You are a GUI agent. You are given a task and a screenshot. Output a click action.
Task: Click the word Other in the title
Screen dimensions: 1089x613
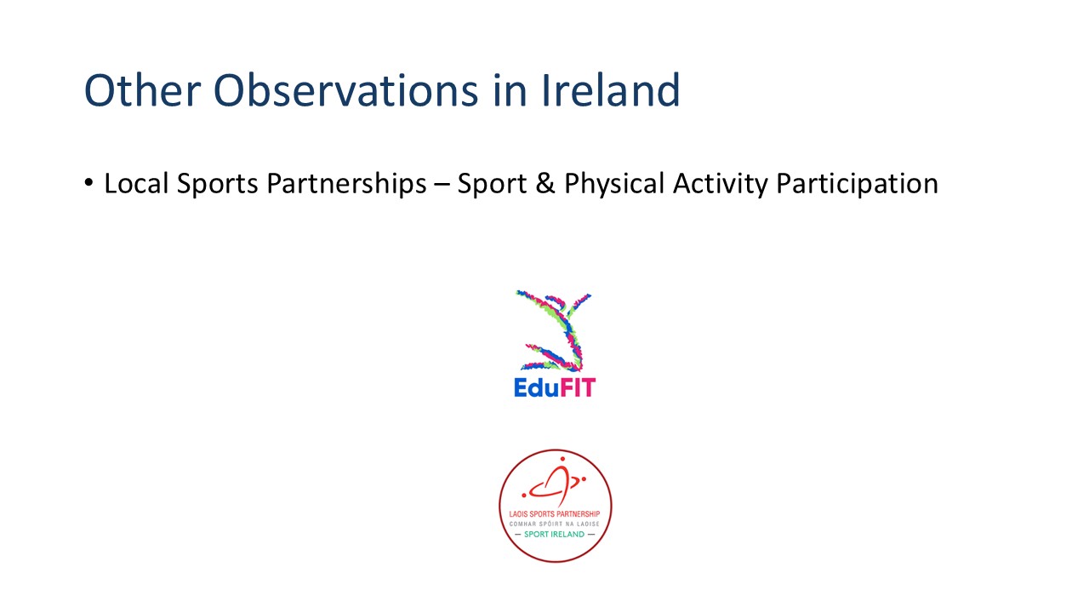point(142,90)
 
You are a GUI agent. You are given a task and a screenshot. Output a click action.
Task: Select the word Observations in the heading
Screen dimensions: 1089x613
point(346,90)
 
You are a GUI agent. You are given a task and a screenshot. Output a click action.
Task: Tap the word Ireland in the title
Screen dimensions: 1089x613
point(611,90)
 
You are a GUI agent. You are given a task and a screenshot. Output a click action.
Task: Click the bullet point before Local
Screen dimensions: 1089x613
point(88,183)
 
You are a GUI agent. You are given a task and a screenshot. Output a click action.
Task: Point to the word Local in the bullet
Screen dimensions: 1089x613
point(136,183)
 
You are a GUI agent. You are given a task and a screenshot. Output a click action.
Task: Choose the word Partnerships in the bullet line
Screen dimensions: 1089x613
point(346,185)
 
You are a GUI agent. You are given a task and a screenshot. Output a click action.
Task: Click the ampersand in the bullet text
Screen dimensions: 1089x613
point(545,184)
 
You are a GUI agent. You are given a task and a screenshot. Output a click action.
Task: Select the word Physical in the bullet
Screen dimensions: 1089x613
point(614,185)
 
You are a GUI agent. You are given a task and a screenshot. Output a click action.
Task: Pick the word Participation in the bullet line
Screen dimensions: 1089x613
point(857,185)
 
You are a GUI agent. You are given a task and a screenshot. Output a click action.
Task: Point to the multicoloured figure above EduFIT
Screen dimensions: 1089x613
point(554,331)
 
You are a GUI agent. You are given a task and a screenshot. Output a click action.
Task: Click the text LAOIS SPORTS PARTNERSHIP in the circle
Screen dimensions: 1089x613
point(554,513)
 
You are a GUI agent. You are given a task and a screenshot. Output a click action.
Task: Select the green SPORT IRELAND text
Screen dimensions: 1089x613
point(554,534)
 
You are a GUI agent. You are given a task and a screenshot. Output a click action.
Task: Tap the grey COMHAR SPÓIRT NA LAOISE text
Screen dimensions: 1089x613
point(554,524)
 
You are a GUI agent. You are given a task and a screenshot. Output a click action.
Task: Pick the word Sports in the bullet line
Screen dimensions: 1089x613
point(217,185)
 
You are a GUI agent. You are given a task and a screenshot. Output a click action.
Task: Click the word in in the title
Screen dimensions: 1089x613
point(510,90)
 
